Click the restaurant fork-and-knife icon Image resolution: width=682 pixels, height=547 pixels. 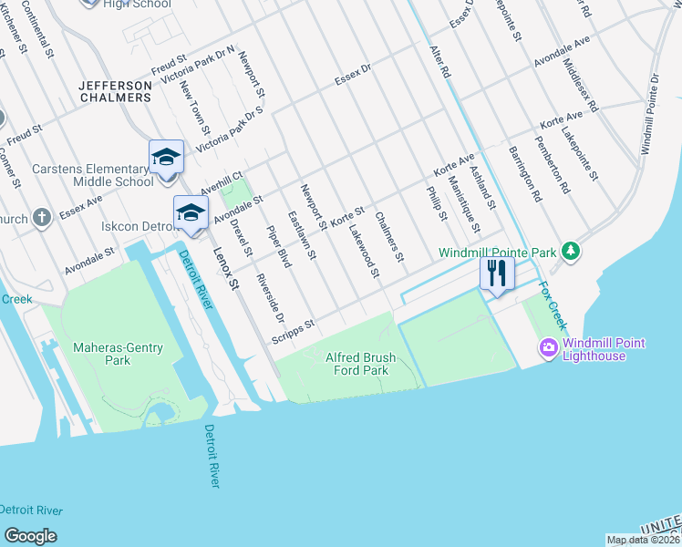click(x=497, y=273)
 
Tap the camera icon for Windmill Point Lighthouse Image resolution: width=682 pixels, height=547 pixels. click(x=549, y=347)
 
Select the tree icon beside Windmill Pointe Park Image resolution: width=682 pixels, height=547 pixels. click(x=571, y=250)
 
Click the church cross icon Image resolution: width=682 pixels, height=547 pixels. click(x=41, y=217)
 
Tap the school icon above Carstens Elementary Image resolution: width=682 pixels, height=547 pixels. click(x=166, y=158)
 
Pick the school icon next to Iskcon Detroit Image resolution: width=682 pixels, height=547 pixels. click(x=191, y=212)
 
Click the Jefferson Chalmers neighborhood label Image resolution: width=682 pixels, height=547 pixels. click(x=115, y=91)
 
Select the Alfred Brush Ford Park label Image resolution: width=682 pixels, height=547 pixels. click(x=357, y=365)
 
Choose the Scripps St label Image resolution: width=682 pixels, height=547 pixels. click(x=292, y=332)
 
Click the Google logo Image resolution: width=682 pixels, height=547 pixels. click(x=30, y=536)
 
